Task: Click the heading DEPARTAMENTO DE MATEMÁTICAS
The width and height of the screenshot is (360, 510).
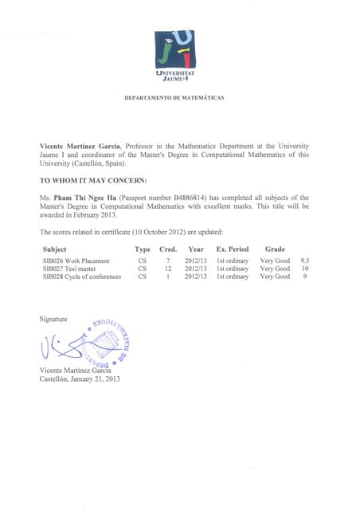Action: tap(174, 98)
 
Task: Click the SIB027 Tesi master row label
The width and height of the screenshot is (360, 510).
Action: tap(72, 269)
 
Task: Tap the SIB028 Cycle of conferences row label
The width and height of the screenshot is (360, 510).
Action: tap(82, 277)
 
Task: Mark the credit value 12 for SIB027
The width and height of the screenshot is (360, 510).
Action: tap(168, 269)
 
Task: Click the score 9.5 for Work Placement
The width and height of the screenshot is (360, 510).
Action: tap(305, 261)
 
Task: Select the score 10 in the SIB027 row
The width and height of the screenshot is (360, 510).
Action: tap(305, 269)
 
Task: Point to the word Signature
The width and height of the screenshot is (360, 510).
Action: tap(54, 319)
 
